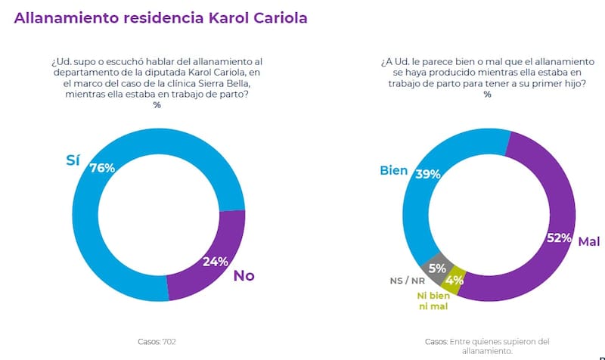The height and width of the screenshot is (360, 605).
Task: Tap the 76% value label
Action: pos(102,168)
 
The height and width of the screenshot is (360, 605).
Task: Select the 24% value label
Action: pos(216,262)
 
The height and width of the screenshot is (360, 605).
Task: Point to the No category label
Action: pos(244,275)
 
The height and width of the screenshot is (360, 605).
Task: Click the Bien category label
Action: pos(394,170)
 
